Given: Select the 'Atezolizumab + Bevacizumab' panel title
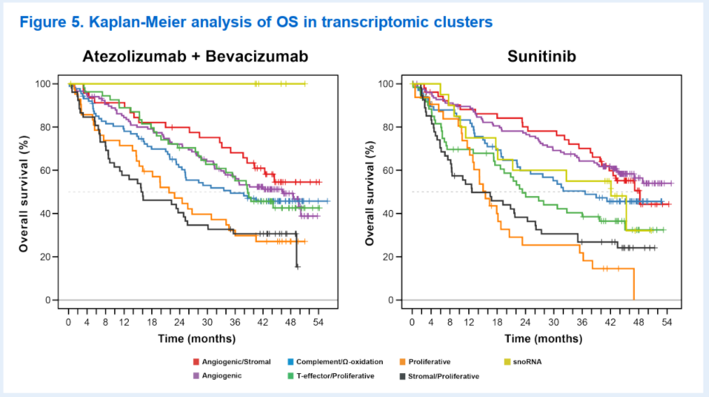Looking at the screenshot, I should point(195,57).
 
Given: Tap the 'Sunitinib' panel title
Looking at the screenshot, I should point(542,57).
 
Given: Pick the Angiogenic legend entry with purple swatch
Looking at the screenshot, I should point(217,376).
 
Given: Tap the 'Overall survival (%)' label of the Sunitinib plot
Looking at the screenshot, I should point(370,193).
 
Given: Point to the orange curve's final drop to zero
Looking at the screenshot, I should point(634,284).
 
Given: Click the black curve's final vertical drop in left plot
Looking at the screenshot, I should point(297,249).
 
